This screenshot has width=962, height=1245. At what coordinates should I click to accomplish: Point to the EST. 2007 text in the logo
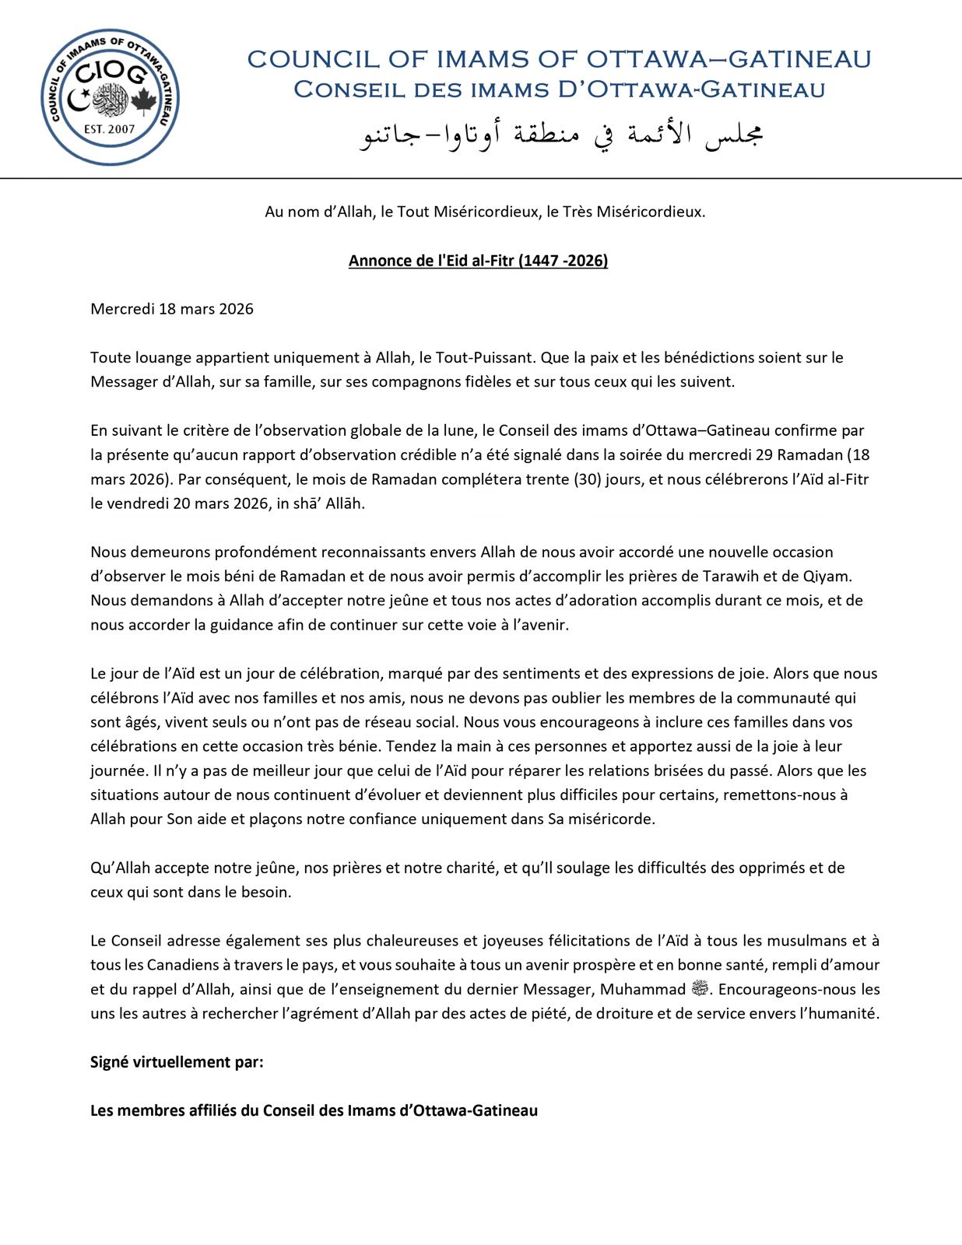[109, 128]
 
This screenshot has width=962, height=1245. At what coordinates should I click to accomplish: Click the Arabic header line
[560, 135]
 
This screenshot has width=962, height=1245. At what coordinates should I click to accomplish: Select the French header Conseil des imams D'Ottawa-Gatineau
[559, 90]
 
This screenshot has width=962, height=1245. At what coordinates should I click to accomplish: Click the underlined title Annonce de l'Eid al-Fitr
[478, 261]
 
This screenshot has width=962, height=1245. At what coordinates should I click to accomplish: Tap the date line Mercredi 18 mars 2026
[172, 309]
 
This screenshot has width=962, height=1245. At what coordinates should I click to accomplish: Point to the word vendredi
[138, 503]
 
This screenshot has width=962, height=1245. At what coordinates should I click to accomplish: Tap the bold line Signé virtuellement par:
[177, 1062]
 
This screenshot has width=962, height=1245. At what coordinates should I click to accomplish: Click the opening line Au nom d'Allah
[485, 212]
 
